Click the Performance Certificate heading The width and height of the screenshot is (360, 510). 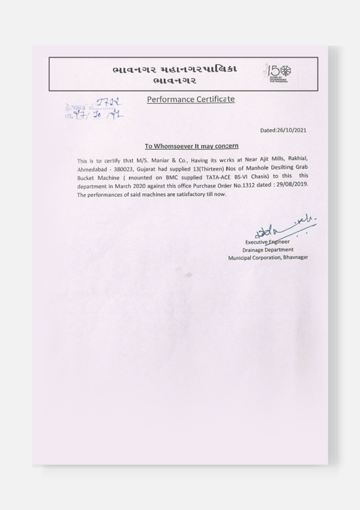190,98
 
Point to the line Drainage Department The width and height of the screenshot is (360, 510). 268,249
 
